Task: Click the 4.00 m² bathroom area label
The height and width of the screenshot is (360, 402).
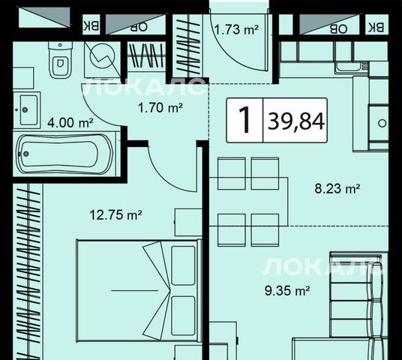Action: tap(70, 123)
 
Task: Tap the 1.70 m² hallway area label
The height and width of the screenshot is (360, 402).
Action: tap(160, 107)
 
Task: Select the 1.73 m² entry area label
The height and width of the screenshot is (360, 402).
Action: tap(236, 29)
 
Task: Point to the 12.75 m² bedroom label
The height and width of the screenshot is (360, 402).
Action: tap(115, 214)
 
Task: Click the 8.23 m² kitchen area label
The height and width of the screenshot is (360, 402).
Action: tap(337, 189)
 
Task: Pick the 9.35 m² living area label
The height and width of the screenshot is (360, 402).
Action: tap(287, 290)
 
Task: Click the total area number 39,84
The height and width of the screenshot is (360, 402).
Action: tap(295, 121)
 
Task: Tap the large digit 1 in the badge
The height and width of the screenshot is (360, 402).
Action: tap(244, 120)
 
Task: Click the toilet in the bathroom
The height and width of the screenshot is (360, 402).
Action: tap(60, 59)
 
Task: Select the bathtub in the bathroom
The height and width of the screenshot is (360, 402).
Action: tap(64, 154)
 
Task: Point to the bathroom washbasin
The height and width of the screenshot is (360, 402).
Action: tap(27, 110)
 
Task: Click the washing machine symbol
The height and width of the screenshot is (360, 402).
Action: tap(102, 59)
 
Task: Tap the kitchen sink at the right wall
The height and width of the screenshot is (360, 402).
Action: tap(378, 123)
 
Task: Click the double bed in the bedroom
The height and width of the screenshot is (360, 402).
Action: tap(137, 290)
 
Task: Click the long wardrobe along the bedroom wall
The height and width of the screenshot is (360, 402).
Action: tap(28, 271)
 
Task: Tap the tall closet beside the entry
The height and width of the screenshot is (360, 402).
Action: tap(187, 46)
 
